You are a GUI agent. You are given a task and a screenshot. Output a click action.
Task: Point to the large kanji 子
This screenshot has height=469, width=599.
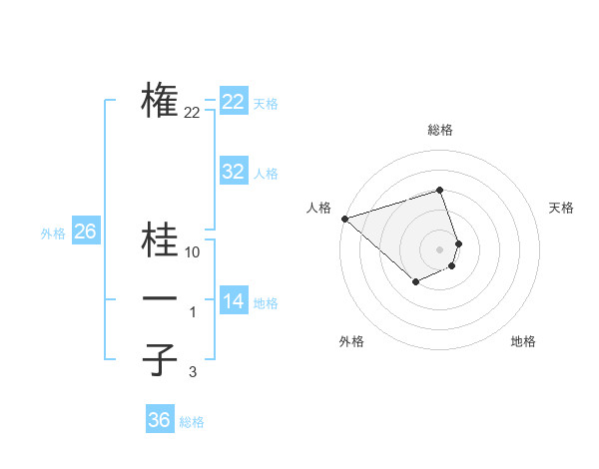click(x=160, y=359)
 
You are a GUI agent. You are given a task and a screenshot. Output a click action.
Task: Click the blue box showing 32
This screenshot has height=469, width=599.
click(x=234, y=172)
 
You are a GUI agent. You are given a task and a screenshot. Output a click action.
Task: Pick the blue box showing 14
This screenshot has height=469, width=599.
click(x=234, y=301)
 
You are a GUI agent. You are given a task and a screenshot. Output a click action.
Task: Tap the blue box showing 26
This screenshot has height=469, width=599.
click(x=85, y=233)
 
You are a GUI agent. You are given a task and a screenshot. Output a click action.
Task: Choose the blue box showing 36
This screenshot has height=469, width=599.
click(x=160, y=420)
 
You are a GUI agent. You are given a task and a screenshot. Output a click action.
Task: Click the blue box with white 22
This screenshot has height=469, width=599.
click(x=234, y=102)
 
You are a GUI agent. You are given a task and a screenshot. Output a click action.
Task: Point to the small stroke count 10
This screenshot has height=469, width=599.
click(x=193, y=252)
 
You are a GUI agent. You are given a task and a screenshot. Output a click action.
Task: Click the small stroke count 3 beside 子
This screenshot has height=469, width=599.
click(x=193, y=372)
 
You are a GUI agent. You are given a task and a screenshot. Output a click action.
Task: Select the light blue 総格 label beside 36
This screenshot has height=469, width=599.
click(x=192, y=422)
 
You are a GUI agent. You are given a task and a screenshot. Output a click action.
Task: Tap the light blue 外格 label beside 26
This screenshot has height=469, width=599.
click(x=53, y=234)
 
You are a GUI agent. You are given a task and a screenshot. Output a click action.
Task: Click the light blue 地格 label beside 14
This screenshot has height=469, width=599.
click(x=266, y=303)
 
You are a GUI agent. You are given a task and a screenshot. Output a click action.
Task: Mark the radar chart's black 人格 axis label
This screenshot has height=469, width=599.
click(x=318, y=208)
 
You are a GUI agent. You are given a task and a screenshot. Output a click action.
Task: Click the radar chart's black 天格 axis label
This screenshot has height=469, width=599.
click(x=561, y=208)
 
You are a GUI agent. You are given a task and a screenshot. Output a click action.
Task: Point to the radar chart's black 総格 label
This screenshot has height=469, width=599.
click(x=440, y=130)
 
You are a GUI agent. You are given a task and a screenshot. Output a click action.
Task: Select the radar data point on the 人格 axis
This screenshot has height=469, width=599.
click(x=343, y=218)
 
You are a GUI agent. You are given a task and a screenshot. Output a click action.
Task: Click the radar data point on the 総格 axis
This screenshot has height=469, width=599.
click(x=440, y=190)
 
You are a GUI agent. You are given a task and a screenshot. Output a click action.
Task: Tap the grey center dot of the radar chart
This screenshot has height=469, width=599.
click(x=440, y=248)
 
